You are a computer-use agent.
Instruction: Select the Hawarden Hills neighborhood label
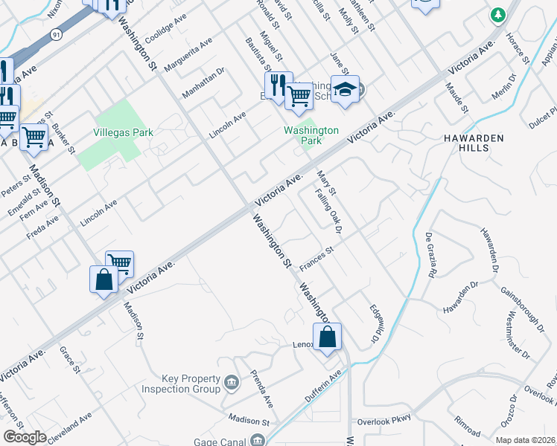tap(474, 143)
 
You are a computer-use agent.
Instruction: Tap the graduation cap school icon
tap(345, 90)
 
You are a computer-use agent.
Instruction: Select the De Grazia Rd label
tap(430, 254)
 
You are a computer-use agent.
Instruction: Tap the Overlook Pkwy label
tap(383, 420)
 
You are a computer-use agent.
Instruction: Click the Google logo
tap(25, 437)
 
